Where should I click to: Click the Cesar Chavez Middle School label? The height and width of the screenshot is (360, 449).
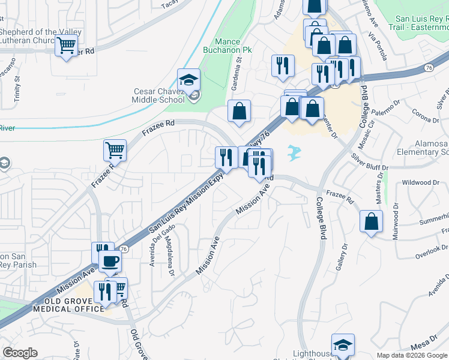click(161, 95)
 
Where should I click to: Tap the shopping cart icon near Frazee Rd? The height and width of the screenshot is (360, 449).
click(115, 150)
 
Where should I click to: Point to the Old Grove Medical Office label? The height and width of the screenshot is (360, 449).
click(69, 304)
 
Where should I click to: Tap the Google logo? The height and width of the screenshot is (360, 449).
click(20, 353)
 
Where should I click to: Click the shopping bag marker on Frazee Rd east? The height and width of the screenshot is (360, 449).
click(372, 221)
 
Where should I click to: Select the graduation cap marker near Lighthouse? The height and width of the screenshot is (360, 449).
click(343, 344)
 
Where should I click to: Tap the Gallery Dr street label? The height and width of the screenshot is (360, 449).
click(342, 255)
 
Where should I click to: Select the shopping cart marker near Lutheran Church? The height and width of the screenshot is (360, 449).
click(67, 46)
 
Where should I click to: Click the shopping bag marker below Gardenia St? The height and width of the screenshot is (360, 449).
click(239, 111)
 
